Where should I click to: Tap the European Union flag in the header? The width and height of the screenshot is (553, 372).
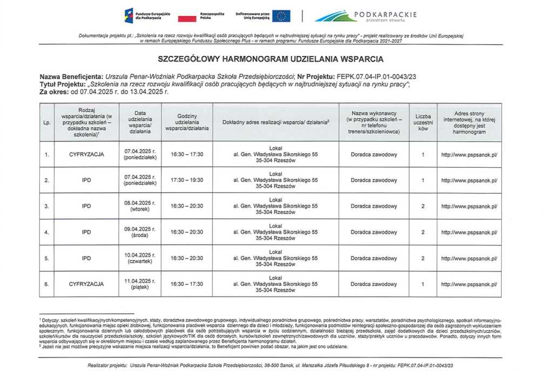click(x=281, y=16)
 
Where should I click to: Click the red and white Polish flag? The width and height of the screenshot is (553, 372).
click(x=187, y=17)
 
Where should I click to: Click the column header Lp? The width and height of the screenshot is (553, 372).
click(x=47, y=122)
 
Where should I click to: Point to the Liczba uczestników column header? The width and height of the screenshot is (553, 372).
click(x=423, y=122)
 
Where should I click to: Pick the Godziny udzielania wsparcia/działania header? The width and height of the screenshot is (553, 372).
click(x=187, y=122)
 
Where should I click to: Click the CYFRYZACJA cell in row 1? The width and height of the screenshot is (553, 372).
click(x=86, y=155)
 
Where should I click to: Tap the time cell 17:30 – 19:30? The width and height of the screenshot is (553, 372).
click(x=187, y=181)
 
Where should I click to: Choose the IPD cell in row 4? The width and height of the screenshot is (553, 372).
click(x=86, y=232)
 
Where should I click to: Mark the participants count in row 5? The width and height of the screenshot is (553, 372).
click(x=423, y=258)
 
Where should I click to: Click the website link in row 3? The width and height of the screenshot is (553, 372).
click(x=469, y=206)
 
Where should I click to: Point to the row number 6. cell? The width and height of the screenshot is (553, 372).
click(x=47, y=284)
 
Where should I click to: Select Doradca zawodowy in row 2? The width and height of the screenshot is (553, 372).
click(x=374, y=181)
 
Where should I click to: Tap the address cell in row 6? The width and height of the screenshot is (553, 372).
click(x=275, y=284)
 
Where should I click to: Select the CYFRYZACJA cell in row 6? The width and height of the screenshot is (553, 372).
click(x=86, y=284)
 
